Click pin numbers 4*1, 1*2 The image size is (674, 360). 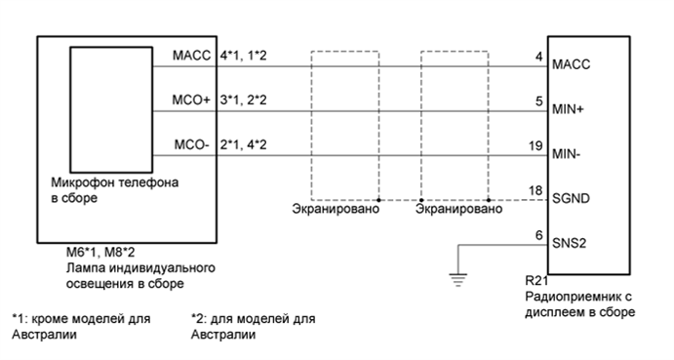coord(242,57)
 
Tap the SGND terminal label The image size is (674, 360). coord(570,198)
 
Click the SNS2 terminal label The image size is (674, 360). coord(570,241)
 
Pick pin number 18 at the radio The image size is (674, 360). coord(535,187)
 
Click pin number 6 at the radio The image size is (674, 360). coord(537,232)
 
